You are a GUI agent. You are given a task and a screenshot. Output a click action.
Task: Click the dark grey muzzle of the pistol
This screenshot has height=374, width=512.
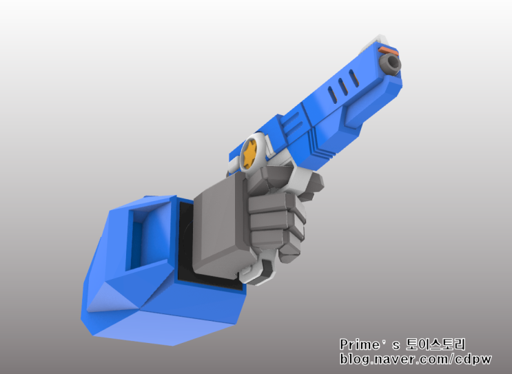coord(390,63)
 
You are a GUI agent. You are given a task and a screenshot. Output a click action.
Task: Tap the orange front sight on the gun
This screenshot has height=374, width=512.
coord(388,50)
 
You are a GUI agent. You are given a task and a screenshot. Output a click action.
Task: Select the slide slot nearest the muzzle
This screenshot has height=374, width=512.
coord(354,79)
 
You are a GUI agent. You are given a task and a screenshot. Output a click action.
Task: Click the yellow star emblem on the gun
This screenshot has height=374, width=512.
coord(249,153)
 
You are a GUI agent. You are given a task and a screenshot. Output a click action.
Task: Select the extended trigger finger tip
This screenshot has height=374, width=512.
coord(314,183)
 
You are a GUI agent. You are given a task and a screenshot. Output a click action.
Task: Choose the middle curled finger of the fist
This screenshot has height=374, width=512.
coord(273,220)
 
